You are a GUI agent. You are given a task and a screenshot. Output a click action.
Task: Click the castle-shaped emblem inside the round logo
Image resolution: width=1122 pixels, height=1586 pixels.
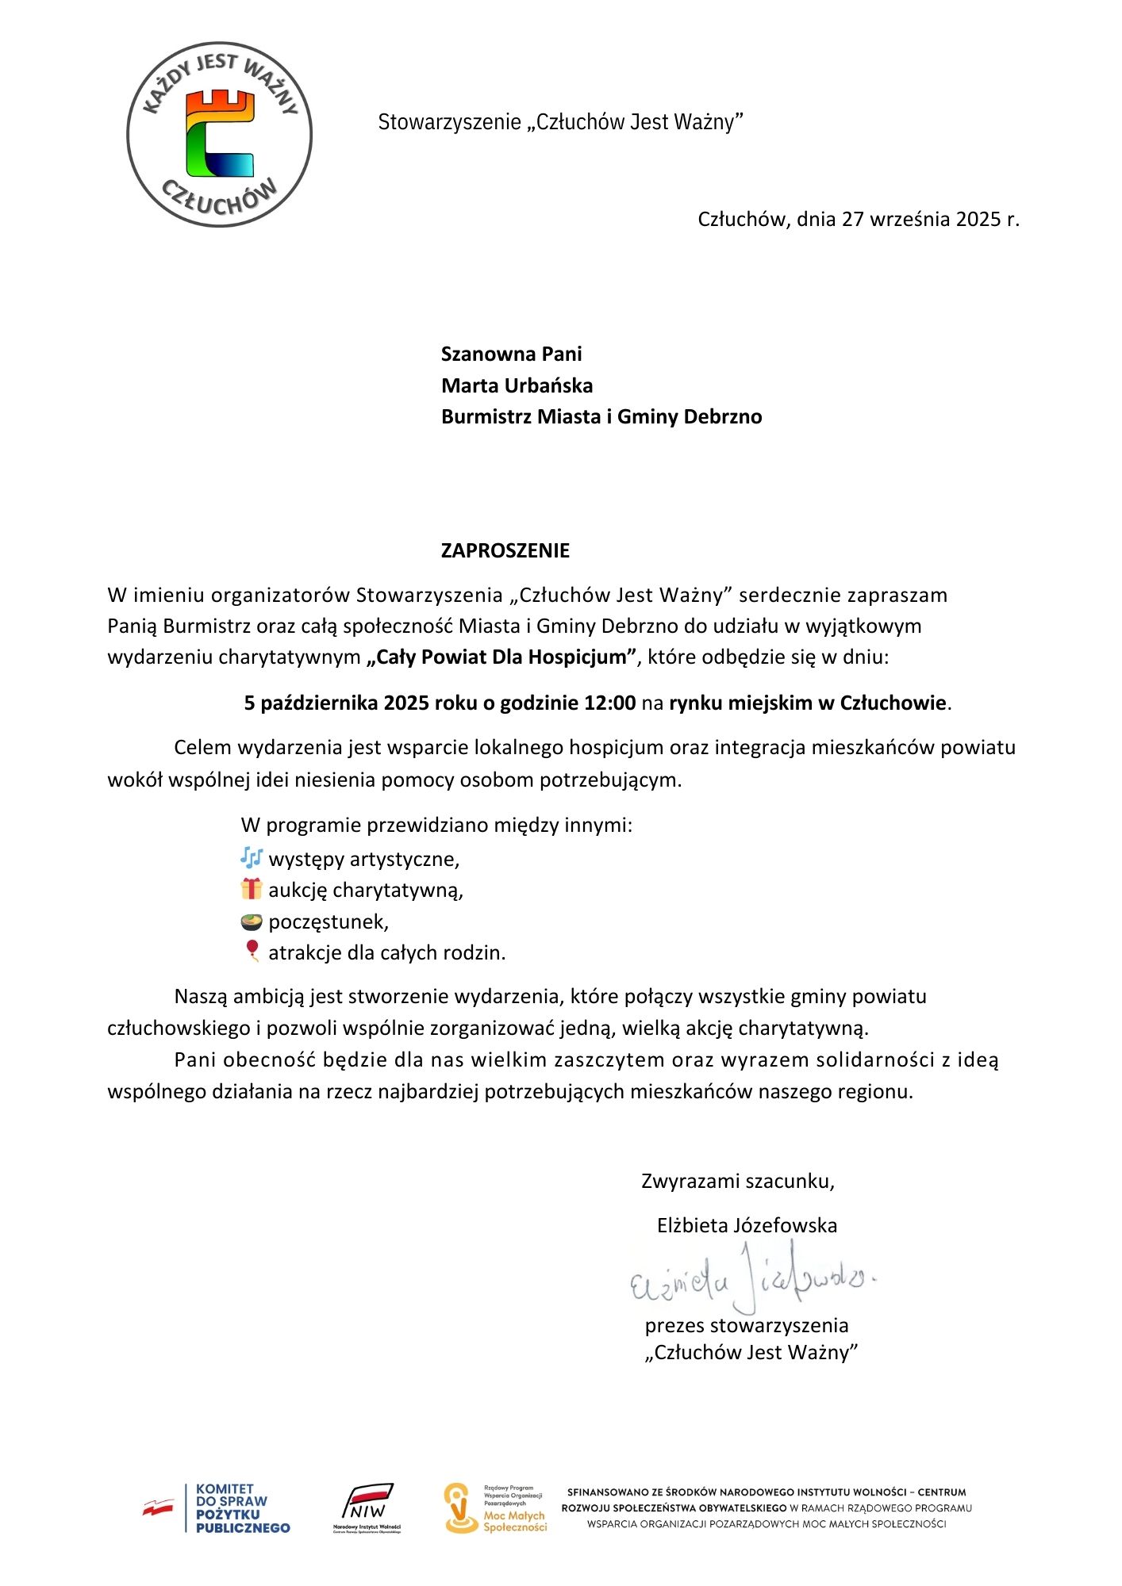tap(220, 133)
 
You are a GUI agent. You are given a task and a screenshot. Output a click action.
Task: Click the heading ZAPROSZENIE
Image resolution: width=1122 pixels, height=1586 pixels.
tap(505, 550)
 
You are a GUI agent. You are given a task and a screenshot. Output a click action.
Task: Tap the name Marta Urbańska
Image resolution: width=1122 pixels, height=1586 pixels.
tap(517, 385)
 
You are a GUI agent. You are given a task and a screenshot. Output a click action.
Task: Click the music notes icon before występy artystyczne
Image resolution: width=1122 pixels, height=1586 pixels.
tap(252, 857)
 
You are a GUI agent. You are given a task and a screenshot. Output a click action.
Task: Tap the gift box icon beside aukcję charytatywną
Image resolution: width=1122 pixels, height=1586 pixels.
tap(252, 889)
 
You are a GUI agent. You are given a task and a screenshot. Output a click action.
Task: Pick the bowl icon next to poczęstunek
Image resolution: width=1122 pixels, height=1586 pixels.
tap(252, 921)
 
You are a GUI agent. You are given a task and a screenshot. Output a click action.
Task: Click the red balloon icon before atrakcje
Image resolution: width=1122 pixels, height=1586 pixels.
tap(252, 951)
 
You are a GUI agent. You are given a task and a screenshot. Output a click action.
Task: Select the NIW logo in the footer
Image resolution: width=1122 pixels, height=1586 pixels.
tap(367, 1507)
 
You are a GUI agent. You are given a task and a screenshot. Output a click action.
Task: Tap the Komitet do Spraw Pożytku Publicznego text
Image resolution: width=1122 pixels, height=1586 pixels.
tap(242, 1508)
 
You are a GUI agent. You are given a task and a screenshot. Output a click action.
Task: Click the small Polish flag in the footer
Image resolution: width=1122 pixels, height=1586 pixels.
tap(159, 1507)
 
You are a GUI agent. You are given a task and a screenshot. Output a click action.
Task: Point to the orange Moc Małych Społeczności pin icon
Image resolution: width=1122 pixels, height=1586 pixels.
tap(460, 1508)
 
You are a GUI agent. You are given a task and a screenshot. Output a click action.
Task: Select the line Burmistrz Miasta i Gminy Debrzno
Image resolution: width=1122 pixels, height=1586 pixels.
tap(601, 416)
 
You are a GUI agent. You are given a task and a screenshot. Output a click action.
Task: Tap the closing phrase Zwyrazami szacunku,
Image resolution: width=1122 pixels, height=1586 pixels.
tap(738, 1181)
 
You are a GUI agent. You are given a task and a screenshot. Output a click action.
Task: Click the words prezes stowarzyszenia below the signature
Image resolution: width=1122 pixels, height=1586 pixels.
tap(747, 1325)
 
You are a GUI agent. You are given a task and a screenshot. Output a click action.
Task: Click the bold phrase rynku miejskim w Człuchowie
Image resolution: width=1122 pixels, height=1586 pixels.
tap(807, 703)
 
